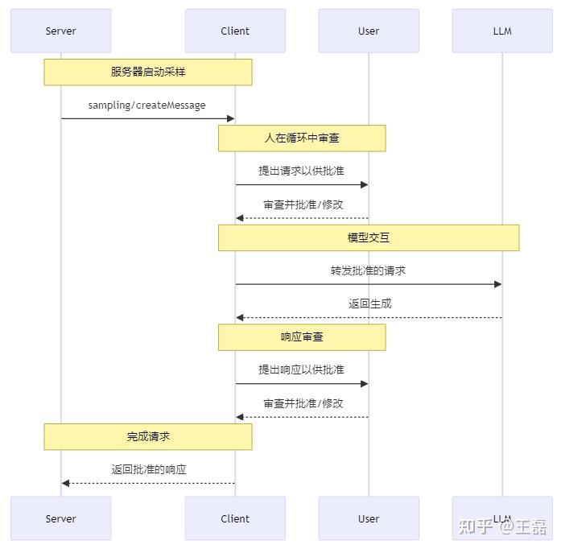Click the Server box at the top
pos(60,31)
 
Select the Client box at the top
pos(235,31)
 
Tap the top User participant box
pos(369,31)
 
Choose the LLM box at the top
pos(502,31)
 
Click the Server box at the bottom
pos(60,518)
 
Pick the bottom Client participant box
pos(235,518)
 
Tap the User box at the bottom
pos(369,518)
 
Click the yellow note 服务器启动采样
pos(148,72)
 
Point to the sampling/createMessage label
pos(146,105)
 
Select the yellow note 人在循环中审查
pos(302,138)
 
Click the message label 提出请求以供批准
pos(301,171)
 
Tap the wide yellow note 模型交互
pos(369,237)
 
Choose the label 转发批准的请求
pos(368,270)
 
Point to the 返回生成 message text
pos(369,303)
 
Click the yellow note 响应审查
pos(302,337)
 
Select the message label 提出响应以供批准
pos(301,369)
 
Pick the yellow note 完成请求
pos(148,436)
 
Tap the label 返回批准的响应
pos(149,469)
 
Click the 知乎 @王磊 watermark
pos(502,526)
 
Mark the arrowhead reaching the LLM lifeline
pos(498,284)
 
